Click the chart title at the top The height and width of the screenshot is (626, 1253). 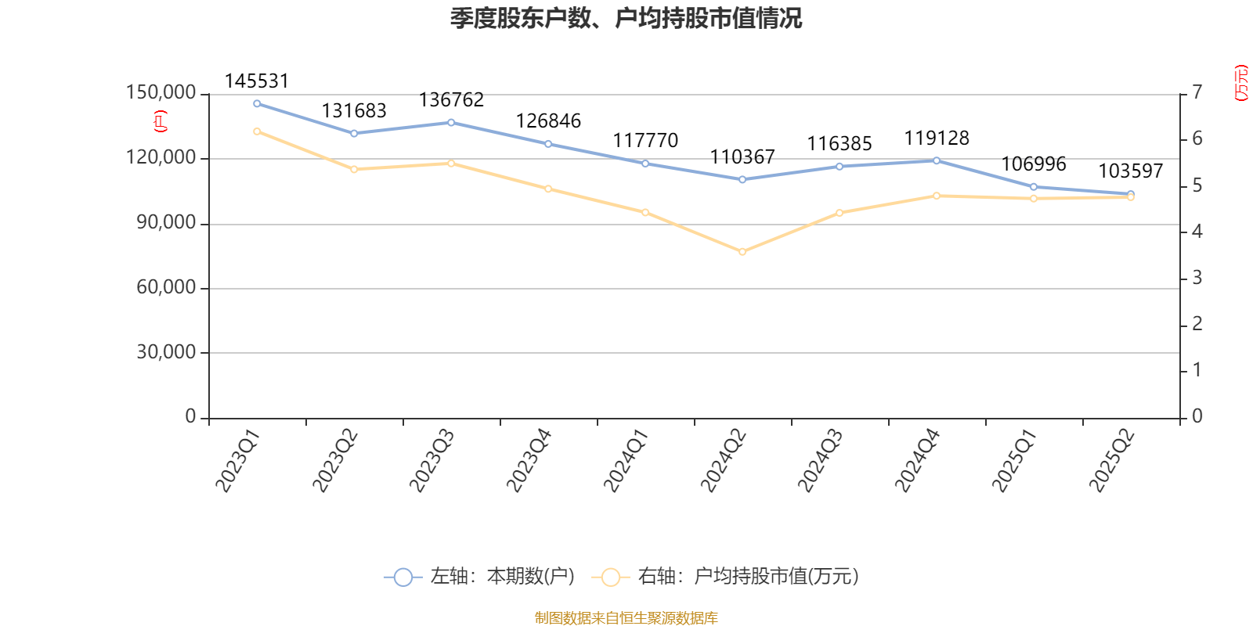coord(626,18)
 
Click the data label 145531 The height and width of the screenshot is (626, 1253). coord(256,81)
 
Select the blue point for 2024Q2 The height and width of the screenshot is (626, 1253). coord(742,179)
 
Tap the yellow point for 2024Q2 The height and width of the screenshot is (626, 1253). coord(742,252)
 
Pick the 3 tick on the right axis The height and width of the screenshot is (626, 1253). coord(1197,278)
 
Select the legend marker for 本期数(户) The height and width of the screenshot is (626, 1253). coord(403,577)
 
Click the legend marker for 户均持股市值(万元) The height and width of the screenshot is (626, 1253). coord(611,577)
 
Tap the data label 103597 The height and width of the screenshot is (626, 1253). coord(1130,171)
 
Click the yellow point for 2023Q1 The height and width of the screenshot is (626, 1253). coord(257,131)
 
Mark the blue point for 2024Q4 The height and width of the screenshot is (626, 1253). coord(937,160)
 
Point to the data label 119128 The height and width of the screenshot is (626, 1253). coord(937,139)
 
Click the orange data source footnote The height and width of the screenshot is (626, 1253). coord(626,618)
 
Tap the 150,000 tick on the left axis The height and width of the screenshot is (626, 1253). coord(161,93)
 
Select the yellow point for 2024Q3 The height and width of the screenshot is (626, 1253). coord(840,213)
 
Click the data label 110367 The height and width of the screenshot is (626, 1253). coord(742,157)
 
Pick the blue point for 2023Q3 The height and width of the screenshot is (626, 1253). coord(451,122)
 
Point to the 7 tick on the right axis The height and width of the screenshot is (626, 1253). coord(1197,93)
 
